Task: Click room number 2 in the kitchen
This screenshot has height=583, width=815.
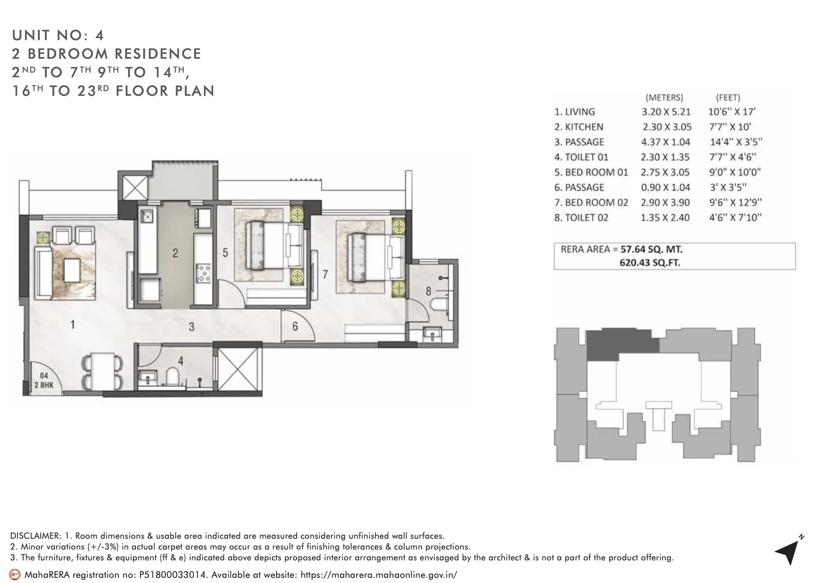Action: [x=175, y=253]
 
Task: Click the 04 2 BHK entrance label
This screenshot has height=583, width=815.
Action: [x=44, y=380]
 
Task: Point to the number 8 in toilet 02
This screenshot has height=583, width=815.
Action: [x=428, y=291]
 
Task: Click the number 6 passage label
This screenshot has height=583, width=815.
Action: [x=295, y=327]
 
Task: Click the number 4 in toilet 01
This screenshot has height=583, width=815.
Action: [x=180, y=362]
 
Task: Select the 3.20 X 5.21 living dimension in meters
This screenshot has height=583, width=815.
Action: [x=666, y=112]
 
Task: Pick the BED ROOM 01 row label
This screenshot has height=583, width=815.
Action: [x=591, y=172]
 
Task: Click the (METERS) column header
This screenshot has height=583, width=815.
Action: [x=664, y=97]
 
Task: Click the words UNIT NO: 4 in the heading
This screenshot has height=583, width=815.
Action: [x=58, y=35]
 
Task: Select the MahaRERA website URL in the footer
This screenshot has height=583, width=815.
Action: [x=378, y=575]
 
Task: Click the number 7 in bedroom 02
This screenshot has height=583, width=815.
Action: [x=325, y=275]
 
